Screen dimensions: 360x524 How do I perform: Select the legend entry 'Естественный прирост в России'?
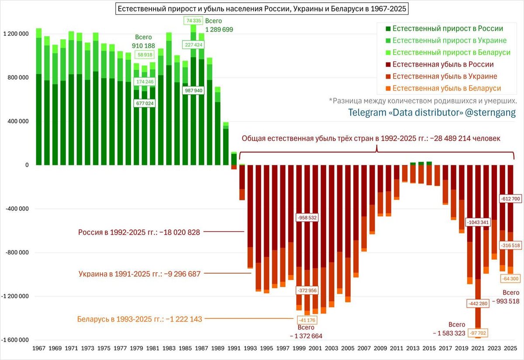(447, 29)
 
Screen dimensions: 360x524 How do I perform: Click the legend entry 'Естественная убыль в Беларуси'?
(446, 88)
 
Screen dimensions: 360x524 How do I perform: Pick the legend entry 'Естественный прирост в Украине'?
(449, 41)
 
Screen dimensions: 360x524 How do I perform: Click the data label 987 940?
(193, 90)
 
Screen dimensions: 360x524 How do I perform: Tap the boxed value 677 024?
(144, 104)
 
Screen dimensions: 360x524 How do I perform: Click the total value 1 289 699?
(219, 30)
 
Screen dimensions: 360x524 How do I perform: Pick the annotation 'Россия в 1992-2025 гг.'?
(139, 232)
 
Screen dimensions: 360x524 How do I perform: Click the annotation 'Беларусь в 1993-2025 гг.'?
(140, 319)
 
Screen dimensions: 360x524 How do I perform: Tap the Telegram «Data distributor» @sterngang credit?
(432, 112)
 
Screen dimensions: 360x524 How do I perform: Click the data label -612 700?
(510, 199)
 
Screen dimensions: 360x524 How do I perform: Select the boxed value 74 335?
(193, 21)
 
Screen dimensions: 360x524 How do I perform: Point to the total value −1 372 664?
(306, 336)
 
